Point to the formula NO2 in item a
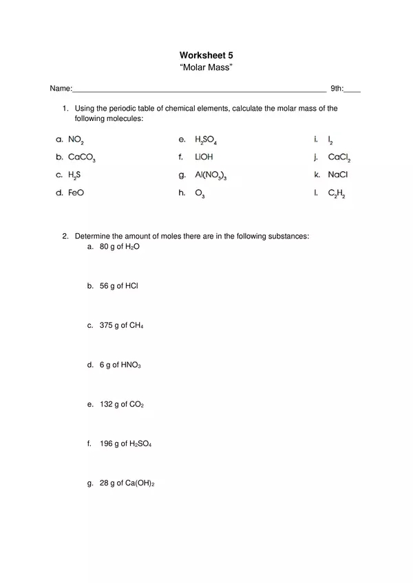(x=76, y=140)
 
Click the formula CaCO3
(x=81, y=157)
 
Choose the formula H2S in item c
(x=74, y=175)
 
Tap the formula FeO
(x=76, y=193)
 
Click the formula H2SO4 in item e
(x=206, y=140)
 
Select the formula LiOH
(x=204, y=157)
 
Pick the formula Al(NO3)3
(x=211, y=176)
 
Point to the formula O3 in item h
(x=200, y=194)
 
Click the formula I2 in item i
(x=330, y=140)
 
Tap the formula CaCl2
(x=339, y=157)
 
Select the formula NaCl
(x=338, y=175)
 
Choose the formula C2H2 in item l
(x=337, y=194)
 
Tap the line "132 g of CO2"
(x=122, y=404)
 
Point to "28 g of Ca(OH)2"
(x=127, y=483)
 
